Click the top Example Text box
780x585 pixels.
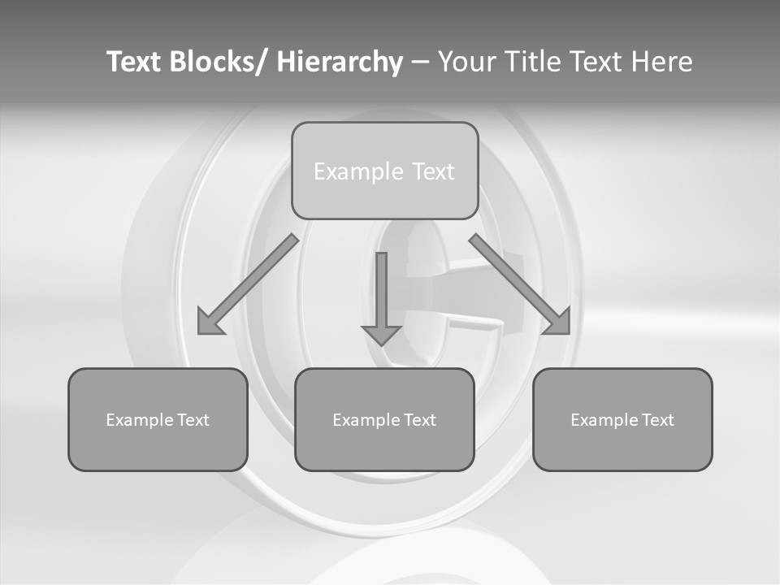pos(384,171)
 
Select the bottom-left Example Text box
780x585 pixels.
pos(158,419)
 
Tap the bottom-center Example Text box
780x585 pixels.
pos(384,419)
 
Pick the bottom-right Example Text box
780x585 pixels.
pos(622,419)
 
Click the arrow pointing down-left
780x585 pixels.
pos(248,284)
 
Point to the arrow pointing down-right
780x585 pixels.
pos(520,284)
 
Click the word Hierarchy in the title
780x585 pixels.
pos(340,62)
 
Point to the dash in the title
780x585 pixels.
pos(420,62)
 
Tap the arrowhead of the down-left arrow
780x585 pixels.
pos(210,323)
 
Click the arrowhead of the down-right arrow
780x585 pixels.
pos(558,323)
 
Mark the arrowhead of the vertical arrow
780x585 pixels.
pos(381,334)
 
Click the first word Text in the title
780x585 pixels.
pos(134,62)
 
